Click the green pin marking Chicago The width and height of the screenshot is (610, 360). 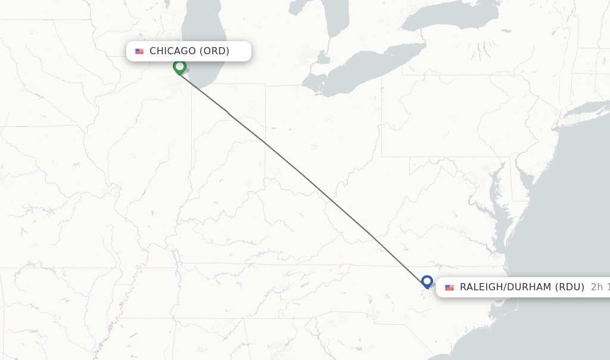pos(179,67)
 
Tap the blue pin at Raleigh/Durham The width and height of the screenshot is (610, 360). pos(427,281)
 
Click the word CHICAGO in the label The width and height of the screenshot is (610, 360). pos(172,51)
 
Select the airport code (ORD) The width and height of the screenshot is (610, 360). pos(214,51)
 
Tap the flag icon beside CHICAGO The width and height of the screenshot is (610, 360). pos(139,51)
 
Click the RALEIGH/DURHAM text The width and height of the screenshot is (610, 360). pos(505,287)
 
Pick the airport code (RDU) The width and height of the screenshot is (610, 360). pos(569,287)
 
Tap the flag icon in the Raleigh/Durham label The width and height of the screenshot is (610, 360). pos(449,287)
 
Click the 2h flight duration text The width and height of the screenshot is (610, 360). pos(599,287)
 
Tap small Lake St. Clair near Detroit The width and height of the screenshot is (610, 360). pos(322,58)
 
